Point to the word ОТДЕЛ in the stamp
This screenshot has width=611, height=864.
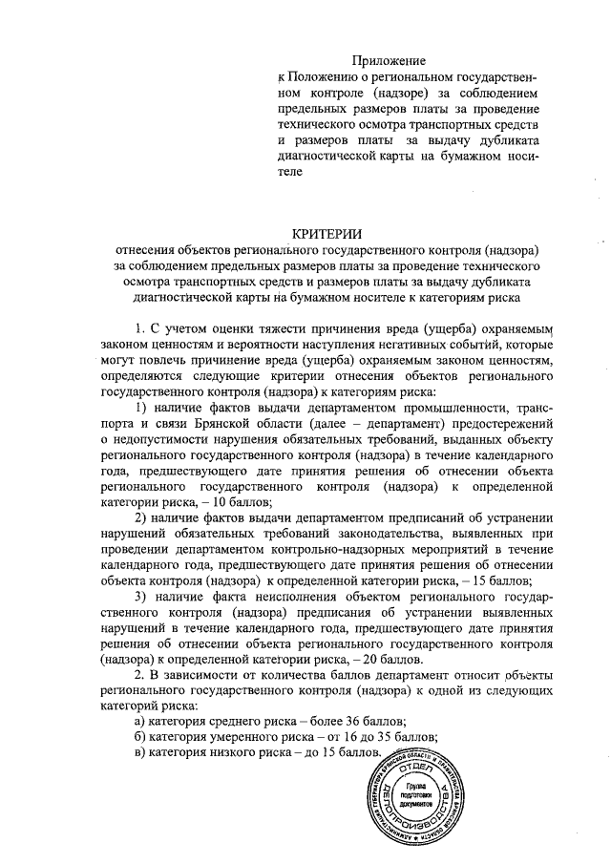pyautogui.click(x=414, y=770)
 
